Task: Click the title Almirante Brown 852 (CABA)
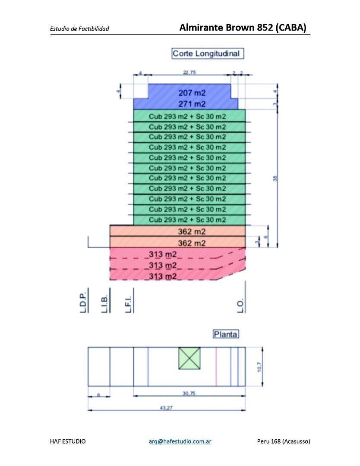pyautogui.click(x=243, y=28)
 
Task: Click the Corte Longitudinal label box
pyautogui.click(x=206, y=54)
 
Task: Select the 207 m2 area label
pyautogui.click(x=192, y=93)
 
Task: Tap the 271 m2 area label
pyautogui.click(x=192, y=104)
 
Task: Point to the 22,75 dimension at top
pyautogui.click(x=189, y=73)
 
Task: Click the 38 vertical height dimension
pyautogui.click(x=275, y=178)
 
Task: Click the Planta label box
pyautogui.click(x=226, y=334)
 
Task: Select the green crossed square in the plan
pyautogui.click(x=190, y=358)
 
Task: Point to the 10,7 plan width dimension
pyautogui.click(x=260, y=367)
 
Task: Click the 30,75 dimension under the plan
pyautogui.click(x=189, y=393)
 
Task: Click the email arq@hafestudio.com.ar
pyautogui.click(x=179, y=441)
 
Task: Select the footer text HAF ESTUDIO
pyautogui.click(x=68, y=441)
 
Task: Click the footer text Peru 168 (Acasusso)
pyautogui.click(x=283, y=441)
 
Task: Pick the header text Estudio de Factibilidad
pyautogui.click(x=79, y=29)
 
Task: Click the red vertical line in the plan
pyautogui.click(x=216, y=366)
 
